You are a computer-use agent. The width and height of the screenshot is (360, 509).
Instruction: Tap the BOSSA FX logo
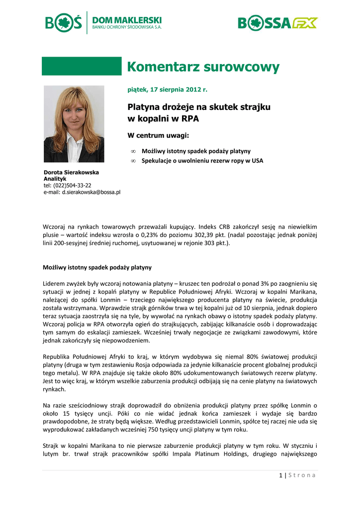277,23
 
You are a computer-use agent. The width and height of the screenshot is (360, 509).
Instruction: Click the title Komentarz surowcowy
203,67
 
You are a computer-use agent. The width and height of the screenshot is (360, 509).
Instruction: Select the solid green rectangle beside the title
82,66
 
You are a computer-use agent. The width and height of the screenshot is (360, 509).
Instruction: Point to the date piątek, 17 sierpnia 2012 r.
167,89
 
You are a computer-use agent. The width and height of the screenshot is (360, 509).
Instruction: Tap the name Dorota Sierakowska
71,172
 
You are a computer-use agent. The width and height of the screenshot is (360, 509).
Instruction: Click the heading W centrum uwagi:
159,135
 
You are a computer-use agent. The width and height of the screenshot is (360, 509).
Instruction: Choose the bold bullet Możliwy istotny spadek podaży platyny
196,151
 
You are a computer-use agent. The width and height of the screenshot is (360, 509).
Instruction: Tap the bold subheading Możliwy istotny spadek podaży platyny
97,267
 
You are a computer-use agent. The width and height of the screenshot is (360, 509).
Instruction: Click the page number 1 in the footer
280,475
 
